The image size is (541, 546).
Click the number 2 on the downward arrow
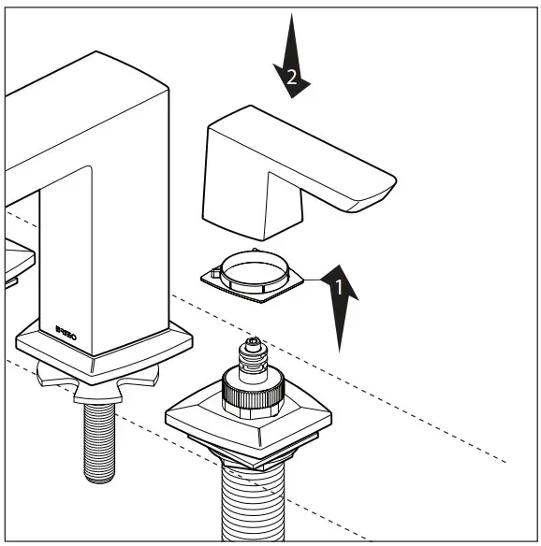292,80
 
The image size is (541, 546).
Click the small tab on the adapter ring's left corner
214,273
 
